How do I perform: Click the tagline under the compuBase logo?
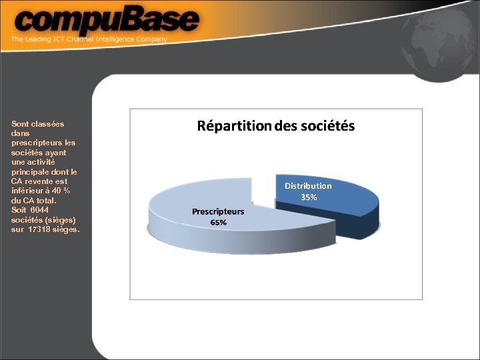pyautogui.click(x=89, y=39)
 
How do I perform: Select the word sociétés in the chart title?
pyautogui.click(x=326, y=125)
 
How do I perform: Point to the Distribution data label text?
pyautogui.click(x=308, y=186)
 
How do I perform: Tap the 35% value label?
pyautogui.click(x=309, y=197)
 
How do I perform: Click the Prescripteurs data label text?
pyautogui.click(x=218, y=211)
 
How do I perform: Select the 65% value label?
pyautogui.click(x=218, y=223)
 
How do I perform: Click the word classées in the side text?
pyautogui.click(x=48, y=123)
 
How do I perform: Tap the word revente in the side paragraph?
pyautogui.click(x=39, y=181)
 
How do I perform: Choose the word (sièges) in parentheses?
pyautogui.click(x=60, y=219)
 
